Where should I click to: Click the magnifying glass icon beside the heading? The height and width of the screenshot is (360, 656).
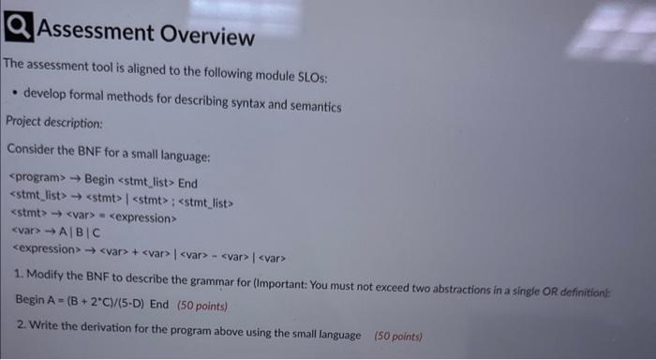pyautogui.click(x=16, y=33)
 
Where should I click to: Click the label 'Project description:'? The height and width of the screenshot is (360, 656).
pyautogui.click(x=54, y=123)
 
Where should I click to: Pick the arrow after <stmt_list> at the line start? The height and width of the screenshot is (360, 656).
pyautogui.click(x=75, y=197)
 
